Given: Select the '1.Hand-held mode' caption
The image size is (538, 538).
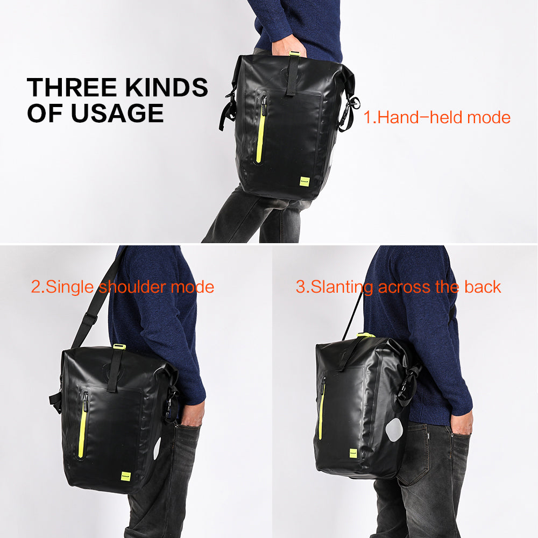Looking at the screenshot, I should (x=437, y=117).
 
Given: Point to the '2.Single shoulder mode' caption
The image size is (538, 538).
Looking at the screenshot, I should (x=123, y=287).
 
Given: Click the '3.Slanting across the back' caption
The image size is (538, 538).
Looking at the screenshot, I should (x=398, y=287).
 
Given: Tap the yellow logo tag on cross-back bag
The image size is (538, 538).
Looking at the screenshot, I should (x=354, y=454).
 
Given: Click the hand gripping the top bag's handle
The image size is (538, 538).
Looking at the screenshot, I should (x=288, y=46).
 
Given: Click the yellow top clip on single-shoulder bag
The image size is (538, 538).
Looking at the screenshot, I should (x=119, y=346).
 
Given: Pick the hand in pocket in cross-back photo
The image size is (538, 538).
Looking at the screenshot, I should (x=462, y=422).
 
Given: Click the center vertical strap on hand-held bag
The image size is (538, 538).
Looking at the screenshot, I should (x=292, y=75).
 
